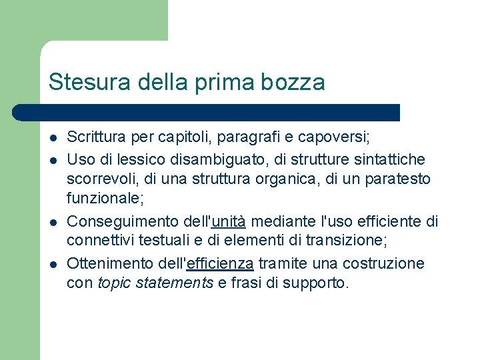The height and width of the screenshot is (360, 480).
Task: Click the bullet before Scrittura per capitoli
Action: tap(52, 138)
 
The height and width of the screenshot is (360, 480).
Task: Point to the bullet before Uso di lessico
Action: tap(52, 159)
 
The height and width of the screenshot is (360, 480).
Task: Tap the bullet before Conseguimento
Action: tap(52, 222)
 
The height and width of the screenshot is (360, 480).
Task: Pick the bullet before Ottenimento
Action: tap(52, 263)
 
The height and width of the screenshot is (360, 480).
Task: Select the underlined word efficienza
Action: tap(220, 263)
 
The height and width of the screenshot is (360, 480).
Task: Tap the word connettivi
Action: tap(99, 242)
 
